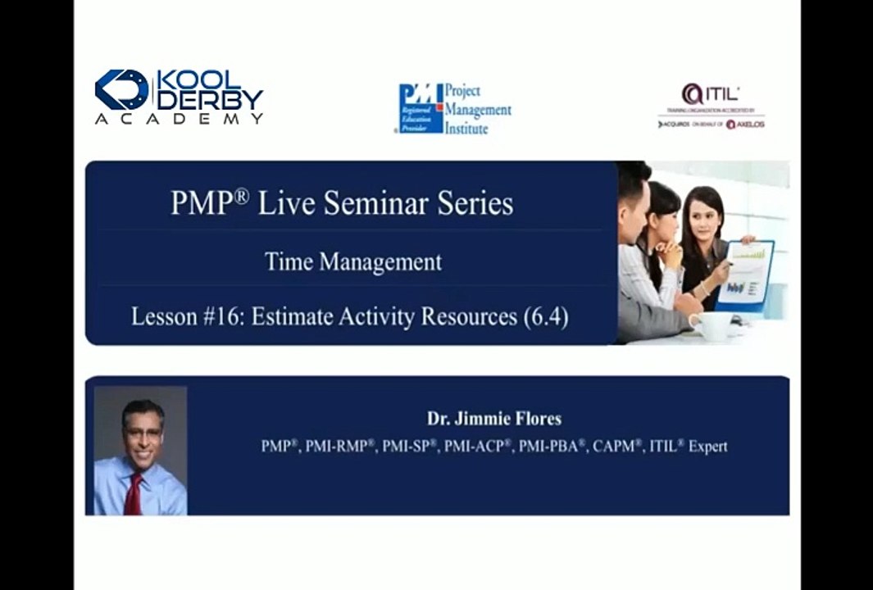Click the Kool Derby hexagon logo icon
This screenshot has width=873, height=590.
click(121, 89)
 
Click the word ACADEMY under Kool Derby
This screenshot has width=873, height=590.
click(179, 119)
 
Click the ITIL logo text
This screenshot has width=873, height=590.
click(712, 94)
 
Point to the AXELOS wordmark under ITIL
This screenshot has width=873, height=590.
click(746, 125)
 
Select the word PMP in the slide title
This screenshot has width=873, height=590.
click(199, 202)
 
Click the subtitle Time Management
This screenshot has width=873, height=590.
click(352, 261)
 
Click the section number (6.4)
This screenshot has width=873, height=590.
click(545, 316)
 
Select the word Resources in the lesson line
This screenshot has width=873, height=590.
click(468, 316)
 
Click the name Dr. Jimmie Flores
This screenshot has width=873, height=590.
click(493, 418)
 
